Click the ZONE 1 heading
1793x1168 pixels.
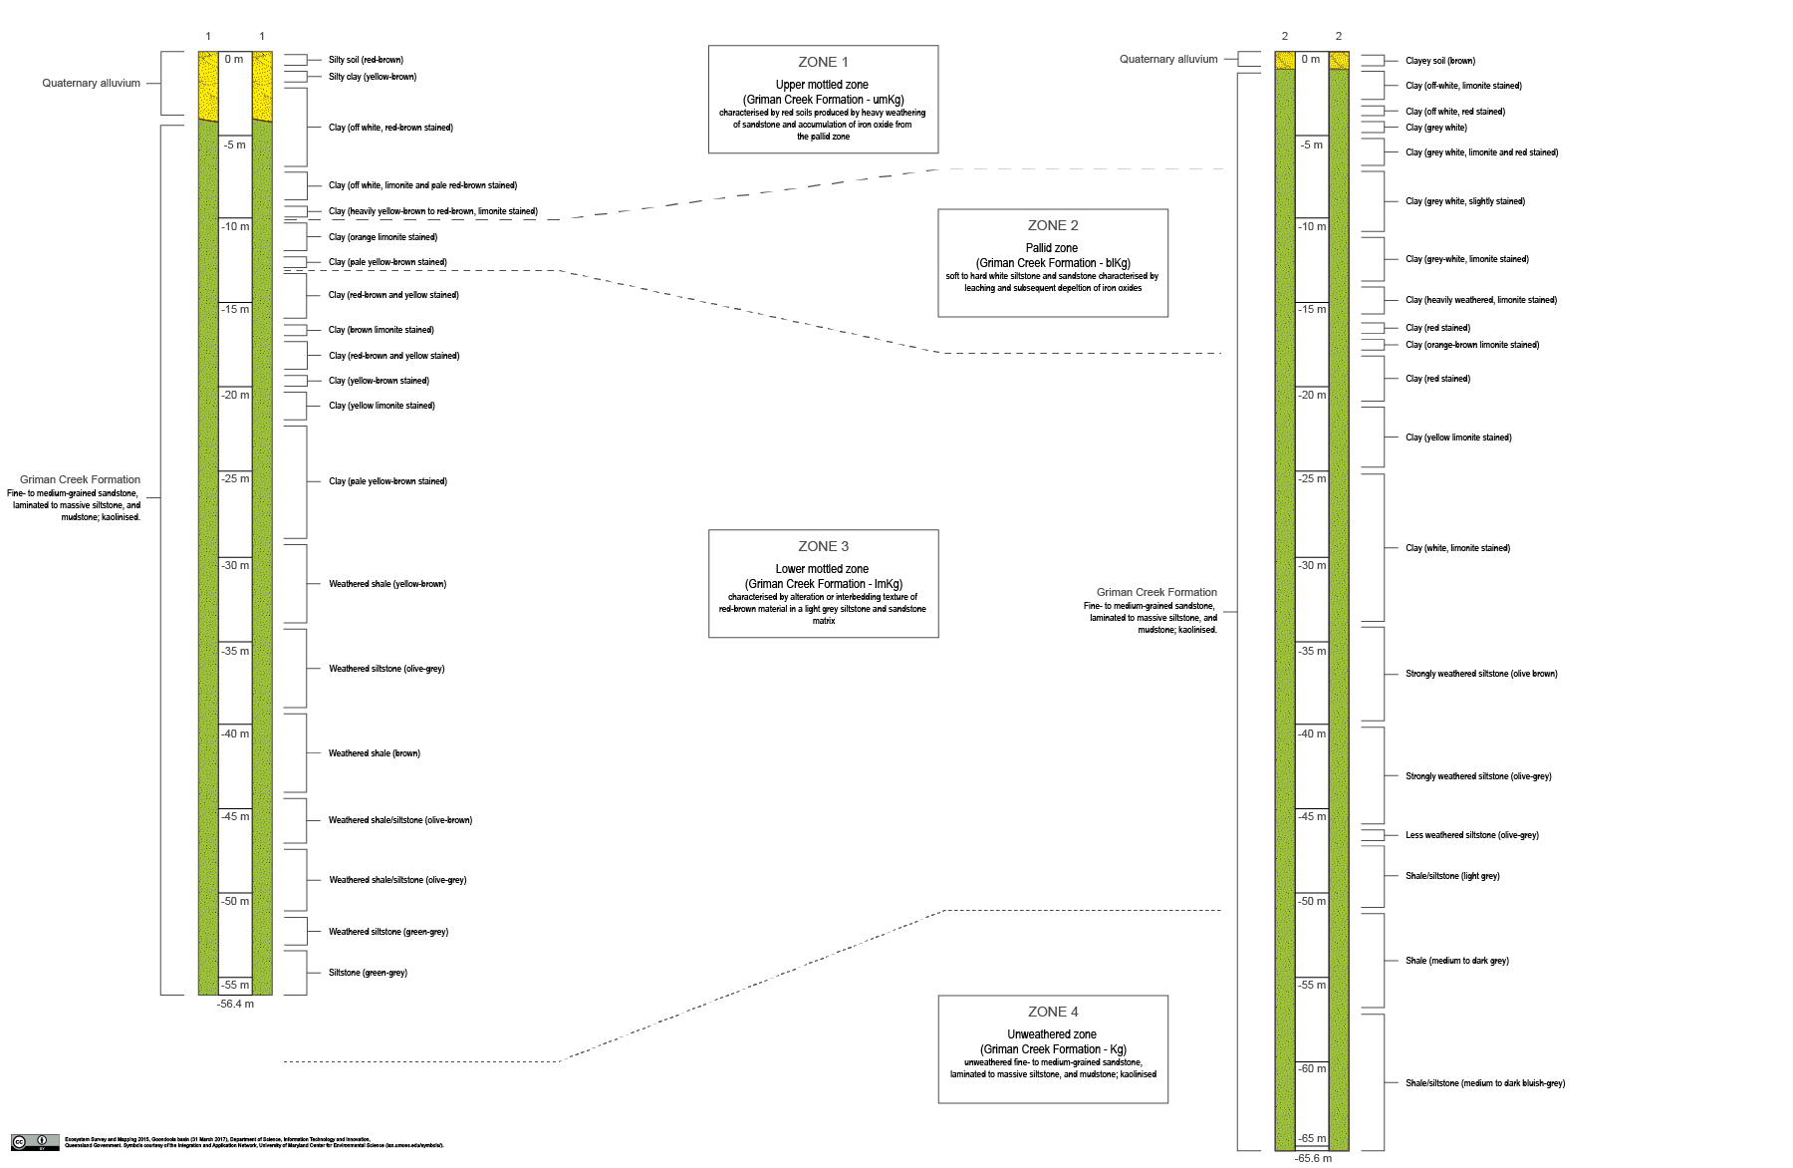coord(823,62)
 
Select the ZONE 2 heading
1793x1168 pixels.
coord(1053,225)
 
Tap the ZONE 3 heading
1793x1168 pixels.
coord(823,546)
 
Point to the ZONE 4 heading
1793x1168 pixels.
coord(1053,1012)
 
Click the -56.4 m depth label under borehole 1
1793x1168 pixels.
coord(236,1004)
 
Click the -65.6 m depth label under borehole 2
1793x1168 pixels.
coord(1313,1158)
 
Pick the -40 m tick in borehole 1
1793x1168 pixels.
coord(236,733)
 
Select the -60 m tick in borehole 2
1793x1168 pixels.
coord(1312,1068)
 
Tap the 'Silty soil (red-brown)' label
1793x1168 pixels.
coord(366,60)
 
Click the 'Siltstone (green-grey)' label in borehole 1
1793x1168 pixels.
coord(368,973)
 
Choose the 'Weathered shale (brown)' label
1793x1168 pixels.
coord(375,753)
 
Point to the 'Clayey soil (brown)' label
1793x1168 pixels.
coord(1439,61)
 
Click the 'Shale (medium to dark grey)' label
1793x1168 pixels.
coord(1456,961)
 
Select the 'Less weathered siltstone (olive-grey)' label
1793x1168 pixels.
coord(1471,835)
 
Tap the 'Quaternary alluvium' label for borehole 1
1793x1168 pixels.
coord(91,84)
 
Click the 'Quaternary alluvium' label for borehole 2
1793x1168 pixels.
coord(1168,60)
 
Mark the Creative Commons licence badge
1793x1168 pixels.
coord(35,1142)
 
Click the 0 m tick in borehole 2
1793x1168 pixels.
coord(1311,60)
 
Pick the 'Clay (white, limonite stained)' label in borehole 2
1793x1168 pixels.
coord(1457,548)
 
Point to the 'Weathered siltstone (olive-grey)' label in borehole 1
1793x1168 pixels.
coord(386,669)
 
